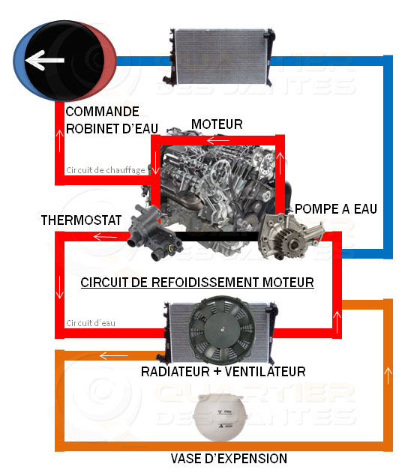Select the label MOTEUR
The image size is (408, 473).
pyautogui.click(x=217, y=124)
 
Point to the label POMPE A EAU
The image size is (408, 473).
pyautogui.click(x=335, y=208)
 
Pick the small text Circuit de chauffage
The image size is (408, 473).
pyautogui.click(x=104, y=169)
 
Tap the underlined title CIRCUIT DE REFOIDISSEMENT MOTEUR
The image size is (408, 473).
pyautogui.click(x=196, y=283)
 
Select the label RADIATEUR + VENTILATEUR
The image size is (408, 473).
pyautogui.click(x=223, y=371)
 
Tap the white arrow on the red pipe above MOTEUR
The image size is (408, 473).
pyautogui.click(x=218, y=140)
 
